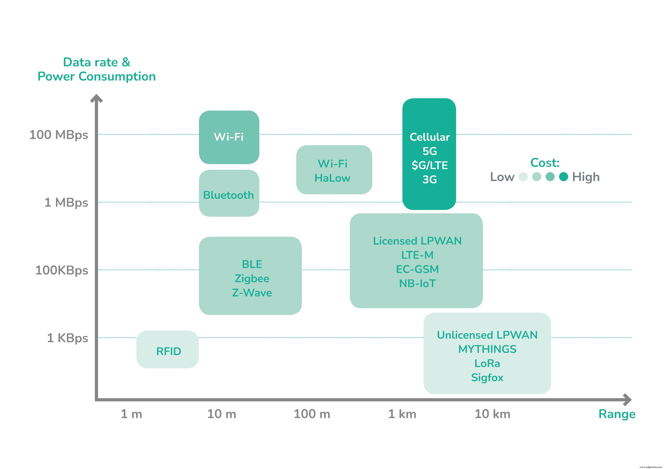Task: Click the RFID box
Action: coord(168,350)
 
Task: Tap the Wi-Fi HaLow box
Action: coord(334,170)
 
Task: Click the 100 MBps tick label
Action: coord(59,135)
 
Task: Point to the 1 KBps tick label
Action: coord(67,338)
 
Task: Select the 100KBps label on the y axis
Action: coord(62,270)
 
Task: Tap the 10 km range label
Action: coord(492,414)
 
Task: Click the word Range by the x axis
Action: coord(617,414)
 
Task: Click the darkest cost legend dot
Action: coord(563,177)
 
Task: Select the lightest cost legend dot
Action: coord(523,177)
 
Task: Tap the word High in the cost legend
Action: coord(586,177)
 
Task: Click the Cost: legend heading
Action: coord(545,163)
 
